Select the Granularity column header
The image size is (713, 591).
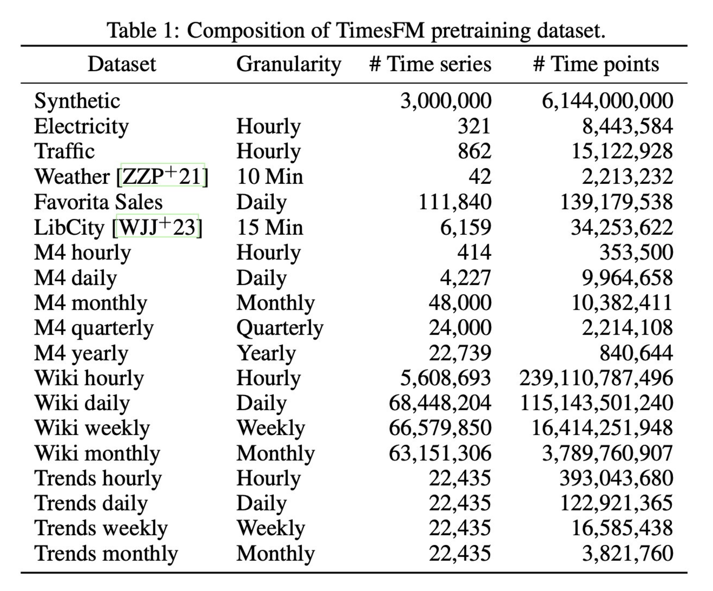click(x=288, y=64)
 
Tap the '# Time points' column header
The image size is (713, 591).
click(x=596, y=64)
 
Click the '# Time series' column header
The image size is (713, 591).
click(x=430, y=64)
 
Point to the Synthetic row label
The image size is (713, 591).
click(x=77, y=101)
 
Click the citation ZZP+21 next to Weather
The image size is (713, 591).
click(x=162, y=176)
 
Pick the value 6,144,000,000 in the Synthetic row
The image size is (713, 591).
click(x=607, y=101)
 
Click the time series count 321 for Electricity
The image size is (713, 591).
click(x=474, y=126)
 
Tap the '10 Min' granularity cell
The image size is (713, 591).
click(x=270, y=176)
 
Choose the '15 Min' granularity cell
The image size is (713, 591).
click(x=270, y=227)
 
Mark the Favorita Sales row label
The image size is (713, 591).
click(x=98, y=202)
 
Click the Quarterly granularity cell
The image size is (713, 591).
click(x=280, y=328)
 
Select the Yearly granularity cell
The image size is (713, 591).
click(x=266, y=353)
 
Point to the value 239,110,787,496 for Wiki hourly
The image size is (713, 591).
click(x=596, y=378)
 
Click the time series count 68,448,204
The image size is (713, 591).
click(x=440, y=403)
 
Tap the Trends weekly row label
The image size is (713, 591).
click(x=101, y=528)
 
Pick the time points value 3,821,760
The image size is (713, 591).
click(x=627, y=553)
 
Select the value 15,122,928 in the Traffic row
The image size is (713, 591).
click(x=622, y=151)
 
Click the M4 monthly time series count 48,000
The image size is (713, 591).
click(x=460, y=303)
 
